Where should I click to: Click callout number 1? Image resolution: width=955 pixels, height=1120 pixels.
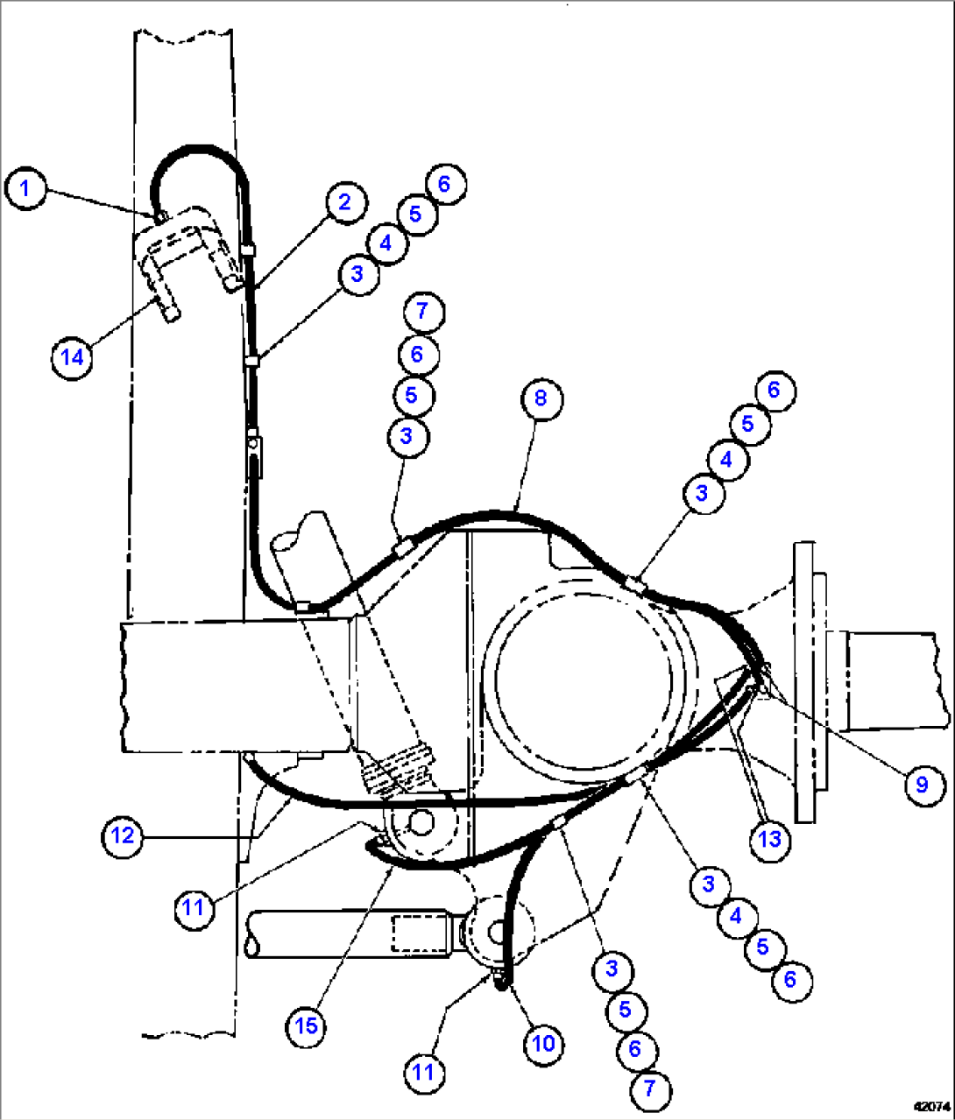(25, 188)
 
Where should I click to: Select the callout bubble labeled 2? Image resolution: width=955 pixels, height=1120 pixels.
(344, 202)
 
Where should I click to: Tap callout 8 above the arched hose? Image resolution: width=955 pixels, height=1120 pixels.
(541, 398)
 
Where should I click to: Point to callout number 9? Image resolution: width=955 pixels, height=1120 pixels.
(921, 784)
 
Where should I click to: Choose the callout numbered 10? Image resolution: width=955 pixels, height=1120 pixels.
(543, 1044)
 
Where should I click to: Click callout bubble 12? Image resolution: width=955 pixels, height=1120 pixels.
(123, 835)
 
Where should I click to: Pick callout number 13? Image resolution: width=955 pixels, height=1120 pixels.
(769, 840)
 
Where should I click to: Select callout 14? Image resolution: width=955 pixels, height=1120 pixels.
(72, 357)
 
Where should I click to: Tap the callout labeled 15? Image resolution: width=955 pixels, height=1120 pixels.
(307, 1025)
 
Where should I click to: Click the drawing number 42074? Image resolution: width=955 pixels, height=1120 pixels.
(931, 1106)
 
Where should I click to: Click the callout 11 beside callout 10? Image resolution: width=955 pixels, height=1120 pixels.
(424, 1073)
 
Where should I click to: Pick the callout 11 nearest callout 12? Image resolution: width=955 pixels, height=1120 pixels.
(193, 907)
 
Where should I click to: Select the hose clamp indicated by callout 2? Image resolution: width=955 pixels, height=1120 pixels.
(248, 251)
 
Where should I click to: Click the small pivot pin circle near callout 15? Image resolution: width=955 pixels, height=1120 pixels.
(420, 823)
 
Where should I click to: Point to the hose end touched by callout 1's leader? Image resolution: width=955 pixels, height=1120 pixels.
(160, 215)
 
